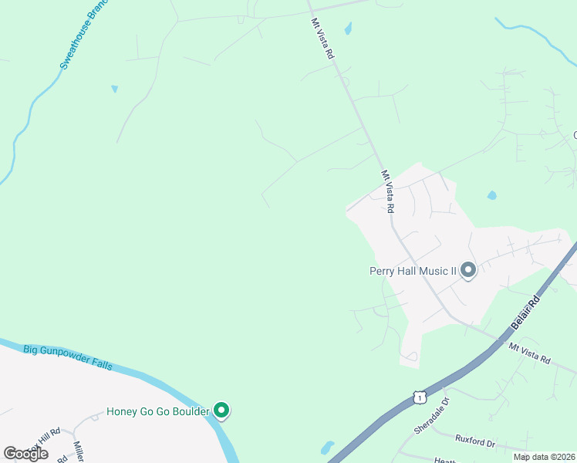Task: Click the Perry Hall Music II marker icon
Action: click(x=467, y=271)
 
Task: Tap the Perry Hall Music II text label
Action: click(x=413, y=271)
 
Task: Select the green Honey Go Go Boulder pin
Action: click(x=221, y=411)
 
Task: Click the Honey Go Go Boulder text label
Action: click(x=157, y=411)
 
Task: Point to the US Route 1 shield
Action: click(x=419, y=396)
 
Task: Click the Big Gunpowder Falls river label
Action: click(x=68, y=357)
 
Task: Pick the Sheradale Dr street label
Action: click(x=435, y=416)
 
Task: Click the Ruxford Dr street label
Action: click(x=474, y=442)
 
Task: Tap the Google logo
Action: click(x=25, y=454)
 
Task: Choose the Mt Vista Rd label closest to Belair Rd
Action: click(x=529, y=353)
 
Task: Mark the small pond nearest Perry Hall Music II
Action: click(x=491, y=195)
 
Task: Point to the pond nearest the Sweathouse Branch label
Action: click(x=115, y=89)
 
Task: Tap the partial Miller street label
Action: click(x=79, y=451)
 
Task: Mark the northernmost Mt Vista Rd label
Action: click(x=323, y=39)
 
